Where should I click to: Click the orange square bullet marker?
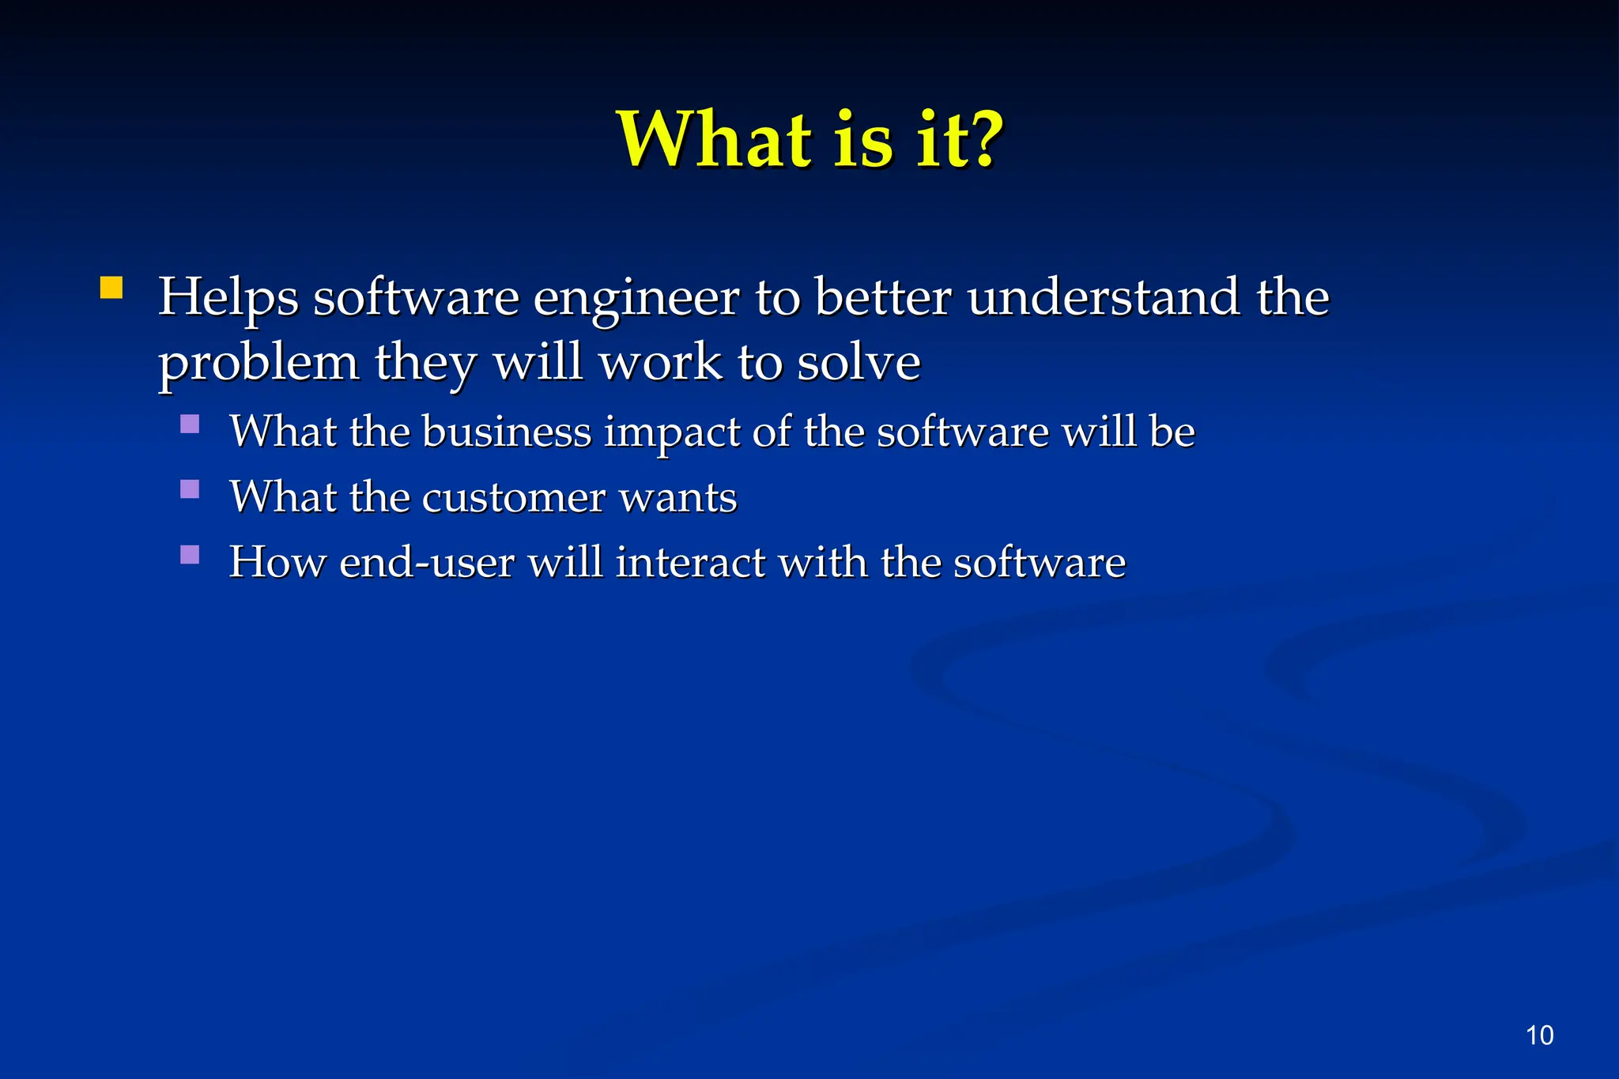pos(111,288)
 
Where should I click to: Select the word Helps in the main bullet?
pos(228,299)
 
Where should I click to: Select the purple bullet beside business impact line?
pos(190,424)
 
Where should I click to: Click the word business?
pos(507,432)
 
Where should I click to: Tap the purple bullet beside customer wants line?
pos(190,489)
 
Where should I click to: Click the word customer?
pos(513,498)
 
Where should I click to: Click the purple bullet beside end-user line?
pos(190,555)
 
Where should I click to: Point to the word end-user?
pos(427,563)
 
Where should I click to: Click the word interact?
pos(690,563)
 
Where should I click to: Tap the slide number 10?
pos(1539,1036)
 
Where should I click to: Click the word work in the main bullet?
pos(661,363)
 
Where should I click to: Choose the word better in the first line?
pos(882,298)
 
